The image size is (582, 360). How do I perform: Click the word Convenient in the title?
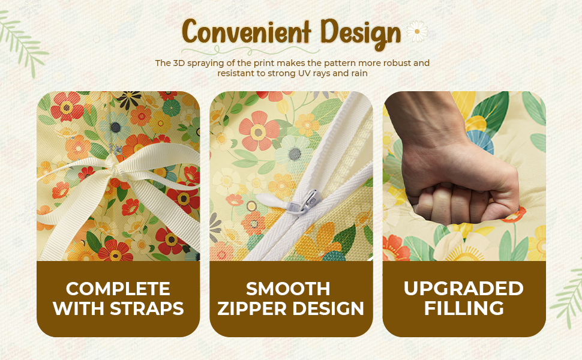point(247,32)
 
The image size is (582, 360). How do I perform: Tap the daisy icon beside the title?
point(417,31)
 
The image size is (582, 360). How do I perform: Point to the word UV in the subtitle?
point(305,73)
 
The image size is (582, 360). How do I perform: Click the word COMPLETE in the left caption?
point(118,289)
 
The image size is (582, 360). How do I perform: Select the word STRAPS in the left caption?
point(147,308)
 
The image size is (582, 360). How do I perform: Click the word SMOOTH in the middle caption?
point(288,289)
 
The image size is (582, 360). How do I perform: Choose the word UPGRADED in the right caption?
point(464,289)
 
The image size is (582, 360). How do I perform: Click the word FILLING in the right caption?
point(464,308)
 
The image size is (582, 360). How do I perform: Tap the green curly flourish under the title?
point(251,50)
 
